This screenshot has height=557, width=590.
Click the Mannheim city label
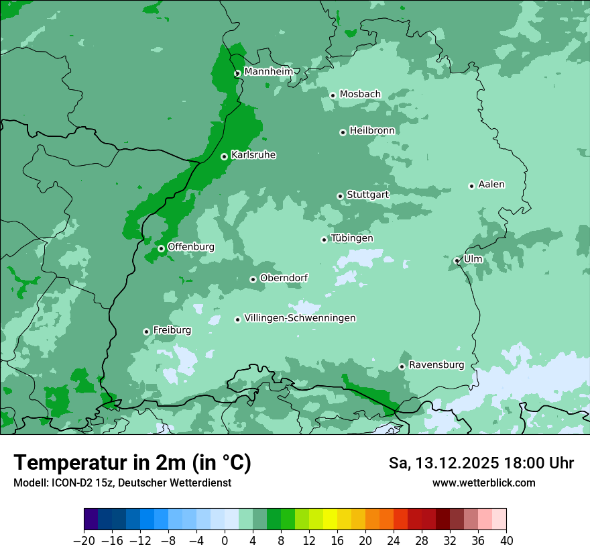(268, 71)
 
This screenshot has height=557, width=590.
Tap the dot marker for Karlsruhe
(225, 157)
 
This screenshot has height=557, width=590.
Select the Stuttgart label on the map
(367, 195)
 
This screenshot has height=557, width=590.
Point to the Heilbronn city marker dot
(343, 132)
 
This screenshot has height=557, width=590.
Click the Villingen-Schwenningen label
(300, 318)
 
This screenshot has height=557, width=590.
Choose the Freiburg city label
(172, 330)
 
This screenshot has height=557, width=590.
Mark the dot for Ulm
(457, 260)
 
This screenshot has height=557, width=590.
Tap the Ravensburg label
(436, 365)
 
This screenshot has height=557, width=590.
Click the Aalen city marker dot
(471, 186)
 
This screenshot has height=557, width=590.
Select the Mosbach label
(360, 94)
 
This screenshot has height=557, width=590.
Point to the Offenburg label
(190, 247)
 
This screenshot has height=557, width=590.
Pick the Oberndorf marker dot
(253, 279)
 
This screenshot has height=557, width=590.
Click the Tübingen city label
(351, 238)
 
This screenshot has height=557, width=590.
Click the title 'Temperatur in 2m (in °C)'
(132, 462)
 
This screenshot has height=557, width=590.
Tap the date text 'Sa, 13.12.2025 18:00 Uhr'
(481, 463)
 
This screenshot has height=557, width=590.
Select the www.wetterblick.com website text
(483, 483)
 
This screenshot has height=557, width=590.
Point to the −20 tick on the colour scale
(84, 541)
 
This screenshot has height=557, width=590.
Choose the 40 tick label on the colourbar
(506, 541)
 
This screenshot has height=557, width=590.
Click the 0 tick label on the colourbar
(225, 541)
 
